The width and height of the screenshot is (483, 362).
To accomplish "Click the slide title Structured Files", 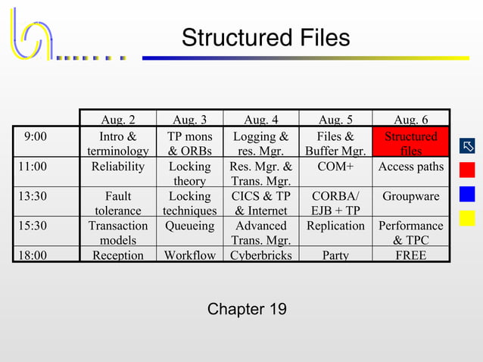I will tap(266, 38).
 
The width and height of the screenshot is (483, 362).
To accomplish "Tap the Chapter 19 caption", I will tap(247, 309).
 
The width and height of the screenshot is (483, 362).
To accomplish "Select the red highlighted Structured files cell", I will tap(411, 143).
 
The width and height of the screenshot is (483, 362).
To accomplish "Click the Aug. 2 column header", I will tap(118, 120).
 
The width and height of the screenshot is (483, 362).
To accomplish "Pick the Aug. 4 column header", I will tap(261, 120).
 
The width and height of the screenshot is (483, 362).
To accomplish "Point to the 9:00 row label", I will tap(35, 136).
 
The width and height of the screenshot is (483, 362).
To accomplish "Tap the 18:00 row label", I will tap(30, 255).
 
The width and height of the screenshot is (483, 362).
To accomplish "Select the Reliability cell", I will tap(118, 167).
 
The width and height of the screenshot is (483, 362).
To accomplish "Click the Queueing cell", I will tap(189, 226).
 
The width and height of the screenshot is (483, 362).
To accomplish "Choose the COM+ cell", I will tap(336, 167).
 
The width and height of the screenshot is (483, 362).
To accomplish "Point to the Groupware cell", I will tap(411, 196).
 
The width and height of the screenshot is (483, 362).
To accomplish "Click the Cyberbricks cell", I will tap(261, 255).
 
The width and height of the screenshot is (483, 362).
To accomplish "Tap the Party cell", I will tap(336, 255).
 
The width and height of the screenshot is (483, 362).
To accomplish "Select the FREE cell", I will tap(411, 255).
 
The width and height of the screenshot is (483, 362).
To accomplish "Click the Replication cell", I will tap(336, 226).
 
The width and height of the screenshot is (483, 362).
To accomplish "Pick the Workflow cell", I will tap(189, 255).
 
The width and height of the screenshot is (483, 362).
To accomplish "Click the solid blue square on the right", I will tap(467, 194).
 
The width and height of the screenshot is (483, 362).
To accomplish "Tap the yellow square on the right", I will tap(467, 218).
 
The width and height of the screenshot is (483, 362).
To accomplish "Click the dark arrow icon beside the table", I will tap(467, 145).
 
